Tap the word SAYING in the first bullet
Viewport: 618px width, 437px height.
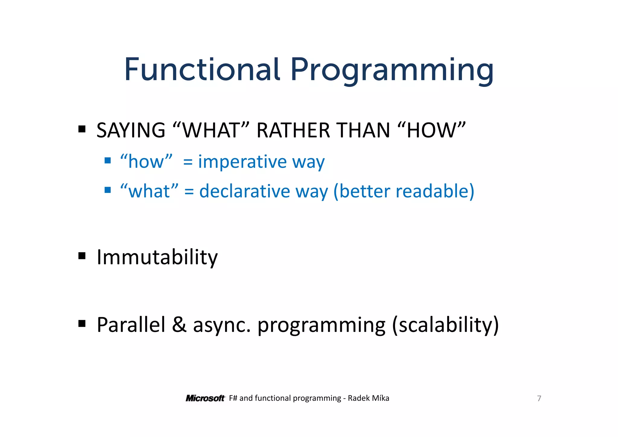point(131,130)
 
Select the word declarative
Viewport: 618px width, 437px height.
point(244,191)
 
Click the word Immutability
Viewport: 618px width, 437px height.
point(157,257)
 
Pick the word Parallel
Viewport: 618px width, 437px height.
point(131,325)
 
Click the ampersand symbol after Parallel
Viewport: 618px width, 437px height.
point(179,325)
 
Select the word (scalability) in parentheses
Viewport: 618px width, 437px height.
point(445,325)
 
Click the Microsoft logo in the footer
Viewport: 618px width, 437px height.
point(205,398)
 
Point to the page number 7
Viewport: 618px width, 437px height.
point(539,398)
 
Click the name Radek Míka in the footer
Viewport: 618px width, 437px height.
point(368,398)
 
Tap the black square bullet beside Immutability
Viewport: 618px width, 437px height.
point(82,256)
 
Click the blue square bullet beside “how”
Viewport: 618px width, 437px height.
point(108,160)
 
